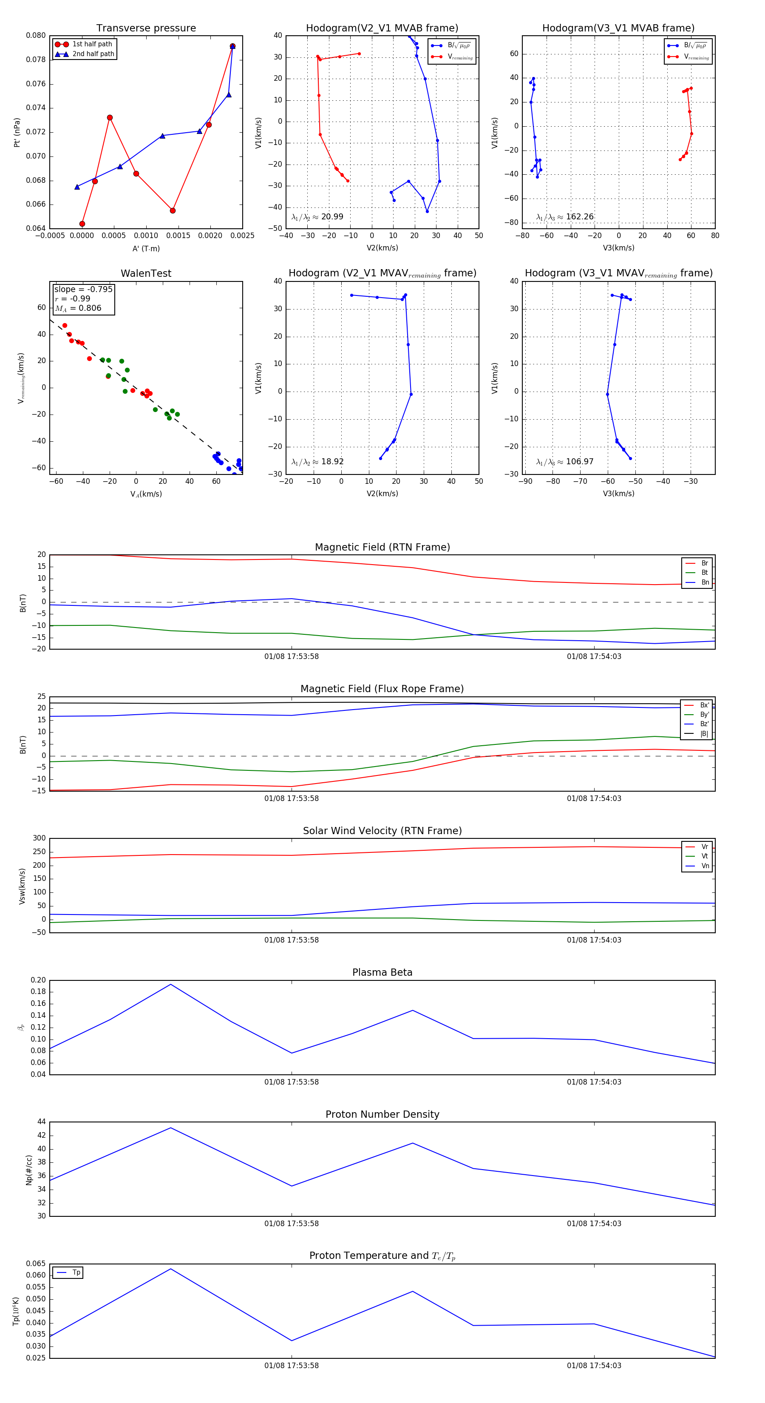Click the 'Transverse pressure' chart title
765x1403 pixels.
[146, 28]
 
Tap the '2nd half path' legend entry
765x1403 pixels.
[93, 54]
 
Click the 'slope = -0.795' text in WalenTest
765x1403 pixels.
[83, 289]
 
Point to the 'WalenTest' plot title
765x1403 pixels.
[146, 273]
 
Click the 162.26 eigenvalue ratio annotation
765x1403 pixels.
[565, 217]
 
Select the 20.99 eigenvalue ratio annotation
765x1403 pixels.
[317, 217]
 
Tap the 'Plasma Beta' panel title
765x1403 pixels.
[382, 972]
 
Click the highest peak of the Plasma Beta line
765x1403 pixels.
[171, 984]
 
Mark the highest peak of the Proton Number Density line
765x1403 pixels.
[171, 1128]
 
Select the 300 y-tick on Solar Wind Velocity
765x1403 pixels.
[39, 838]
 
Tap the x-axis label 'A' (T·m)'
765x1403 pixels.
[146, 248]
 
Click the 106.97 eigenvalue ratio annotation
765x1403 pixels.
[565, 462]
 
